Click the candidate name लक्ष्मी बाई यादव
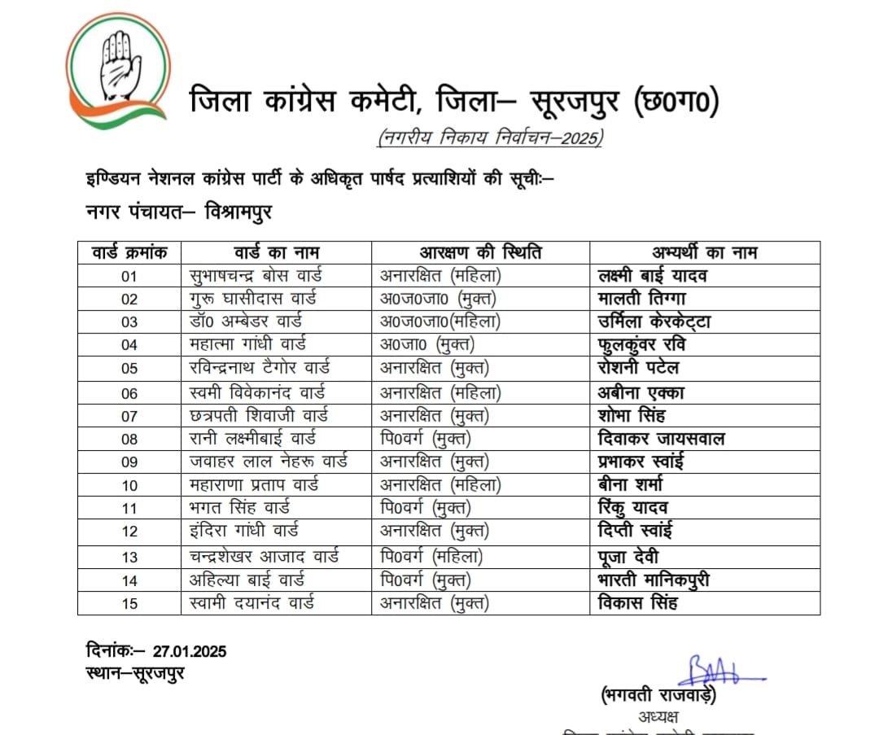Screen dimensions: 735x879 click(x=652, y=276)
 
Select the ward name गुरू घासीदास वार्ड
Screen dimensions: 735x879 click(x=252, y=299)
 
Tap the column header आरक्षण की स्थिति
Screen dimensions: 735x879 click(x=480, y=252)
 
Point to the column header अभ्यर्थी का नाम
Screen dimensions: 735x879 click(x=705, y=252)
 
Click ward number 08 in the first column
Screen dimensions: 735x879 click(x=129, y=440)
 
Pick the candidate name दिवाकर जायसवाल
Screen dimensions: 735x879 click(x=661, y=439)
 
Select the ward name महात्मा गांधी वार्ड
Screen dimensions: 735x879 click(x=247, y=345)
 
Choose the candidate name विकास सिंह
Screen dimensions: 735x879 click(x=637, y=604)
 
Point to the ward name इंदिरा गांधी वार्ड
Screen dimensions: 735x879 click(x=243, y=532)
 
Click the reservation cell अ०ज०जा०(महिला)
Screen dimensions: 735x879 click(x=440, y=322)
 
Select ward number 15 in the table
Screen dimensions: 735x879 click(x=129, y=604)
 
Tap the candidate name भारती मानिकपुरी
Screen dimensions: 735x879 click(x=654, y=580)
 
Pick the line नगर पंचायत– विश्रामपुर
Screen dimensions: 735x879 click(x=179, y=212)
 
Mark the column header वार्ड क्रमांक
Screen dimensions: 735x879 click(x=129, y=252)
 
